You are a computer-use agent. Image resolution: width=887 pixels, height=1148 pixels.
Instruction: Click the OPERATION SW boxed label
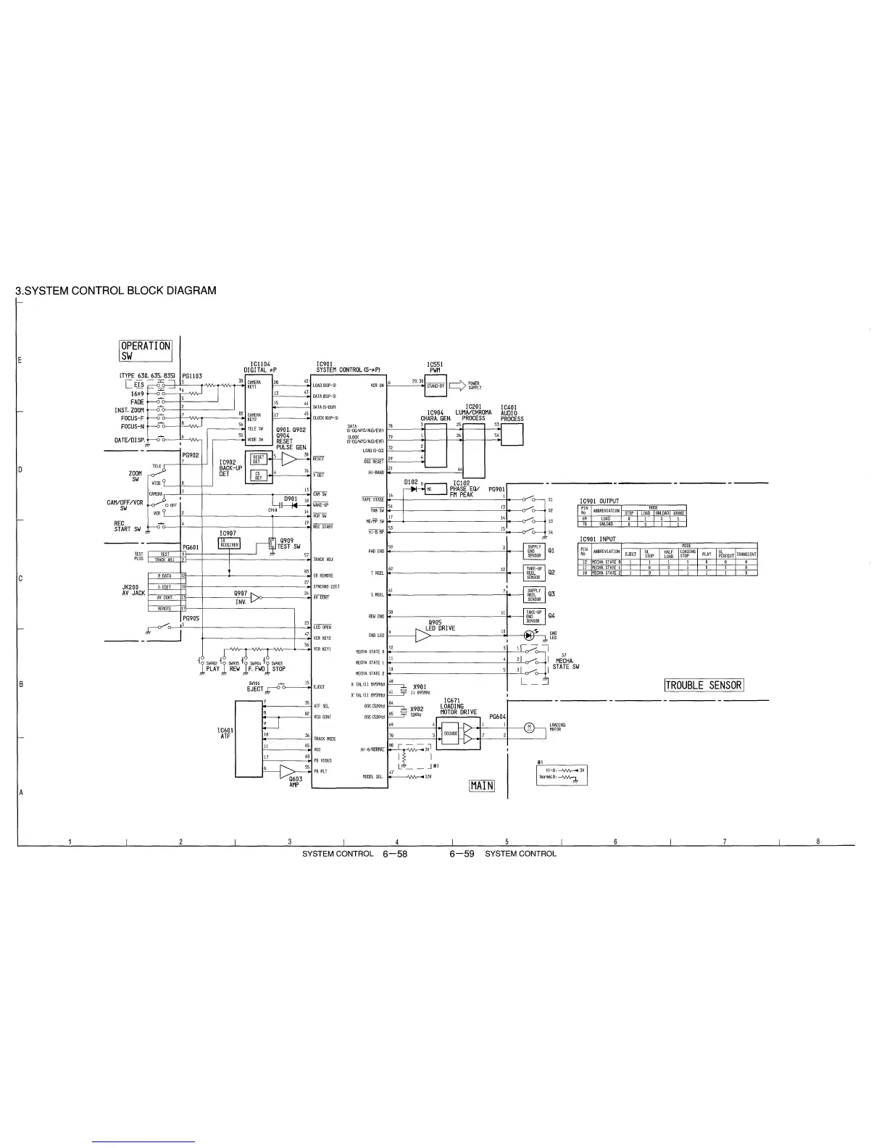pos(146,351)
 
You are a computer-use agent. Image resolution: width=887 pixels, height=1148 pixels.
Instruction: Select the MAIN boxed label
pos(482,786)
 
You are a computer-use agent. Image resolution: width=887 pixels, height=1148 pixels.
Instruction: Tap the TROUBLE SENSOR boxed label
pos(704,686)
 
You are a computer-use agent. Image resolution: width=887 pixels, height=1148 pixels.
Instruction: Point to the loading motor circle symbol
pos(528,727)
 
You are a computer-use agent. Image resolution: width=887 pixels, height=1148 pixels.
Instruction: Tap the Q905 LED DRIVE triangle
pos(422,636)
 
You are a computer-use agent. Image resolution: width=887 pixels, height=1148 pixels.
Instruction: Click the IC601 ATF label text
pos(225,733)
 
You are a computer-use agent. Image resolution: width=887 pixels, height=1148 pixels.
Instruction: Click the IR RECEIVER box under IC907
pos(229,545)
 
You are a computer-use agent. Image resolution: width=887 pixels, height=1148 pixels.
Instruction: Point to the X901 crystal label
pos(419,687)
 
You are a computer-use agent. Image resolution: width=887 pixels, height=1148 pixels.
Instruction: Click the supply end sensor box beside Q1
pos(534,552)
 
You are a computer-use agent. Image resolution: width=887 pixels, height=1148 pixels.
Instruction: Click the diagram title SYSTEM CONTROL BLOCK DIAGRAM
pos(116,291)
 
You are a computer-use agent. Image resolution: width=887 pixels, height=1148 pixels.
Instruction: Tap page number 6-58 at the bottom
pos(395,854)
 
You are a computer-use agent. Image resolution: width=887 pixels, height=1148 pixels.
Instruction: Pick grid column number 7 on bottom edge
pos(724,841)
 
